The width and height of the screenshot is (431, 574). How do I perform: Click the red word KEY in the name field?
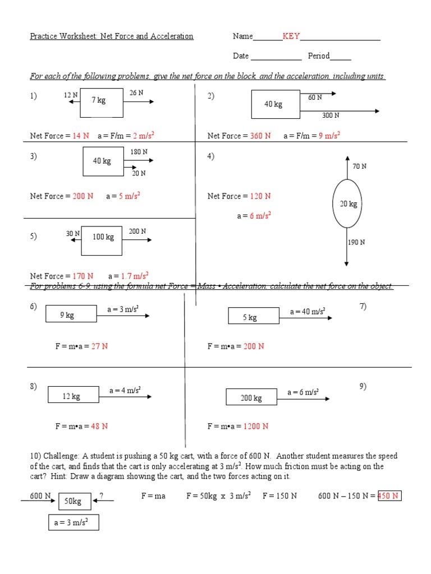pyautogui.click(x=291, y=36)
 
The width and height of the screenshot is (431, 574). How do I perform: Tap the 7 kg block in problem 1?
pyautogui.click(x=102, y=102)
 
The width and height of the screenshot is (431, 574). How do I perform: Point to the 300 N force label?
pyautogui.click(x=331, y=115)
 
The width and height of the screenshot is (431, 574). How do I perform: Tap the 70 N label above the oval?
pyautogui.click(x=359, y=166)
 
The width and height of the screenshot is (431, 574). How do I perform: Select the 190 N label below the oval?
pyautogui.click(x=356, y=242)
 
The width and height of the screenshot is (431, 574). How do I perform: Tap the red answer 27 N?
pyautogui.click(x=99, y=346)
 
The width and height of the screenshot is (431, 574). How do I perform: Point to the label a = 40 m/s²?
pyautogui.click(x=308, y=312)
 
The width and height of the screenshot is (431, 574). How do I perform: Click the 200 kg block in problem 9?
pyautogui.click(x=251, y=397)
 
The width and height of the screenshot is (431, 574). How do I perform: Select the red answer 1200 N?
pyautogui.click(x=255, y=426)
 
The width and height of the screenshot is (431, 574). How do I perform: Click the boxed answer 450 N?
pyautogui.click(x=389, y=496)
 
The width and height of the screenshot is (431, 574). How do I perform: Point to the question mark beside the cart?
pyautogui.click(x=101, y=495)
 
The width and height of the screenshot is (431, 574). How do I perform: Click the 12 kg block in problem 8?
pyautogui.click(x=71, y=396)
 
